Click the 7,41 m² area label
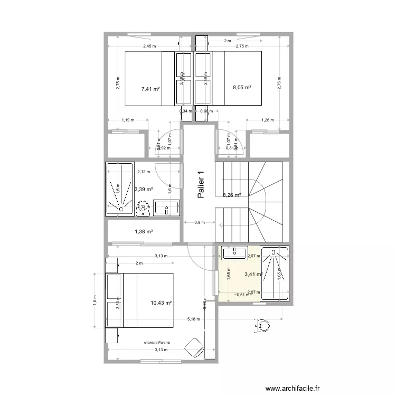(x=150, y=89)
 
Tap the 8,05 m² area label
(x=241, y=88)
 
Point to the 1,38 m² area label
(x=144, y=231)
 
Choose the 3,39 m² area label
(x=143, y=189)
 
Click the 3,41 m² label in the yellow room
(x=253, y=274)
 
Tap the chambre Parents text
(x=157, y=343)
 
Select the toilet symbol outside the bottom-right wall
(x=262, y=327)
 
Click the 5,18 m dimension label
(x=195, y=319)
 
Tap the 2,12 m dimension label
(x=144, y=171)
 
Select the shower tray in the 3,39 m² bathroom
(x=121, y=189)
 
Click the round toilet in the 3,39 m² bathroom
(x=142, y=208)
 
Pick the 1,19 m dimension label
(x=127, y=120)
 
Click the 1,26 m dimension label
(x=268, y=120)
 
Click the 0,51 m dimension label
(x=243, y=295)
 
